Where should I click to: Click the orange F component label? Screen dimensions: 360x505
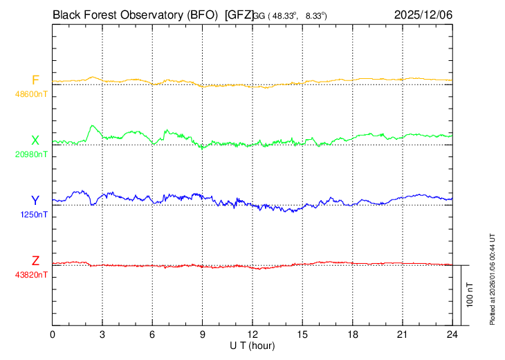click(x=35, y=80)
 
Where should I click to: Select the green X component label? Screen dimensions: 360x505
click(x=35, y=141)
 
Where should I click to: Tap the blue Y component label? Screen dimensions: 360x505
click(x=35, y=201)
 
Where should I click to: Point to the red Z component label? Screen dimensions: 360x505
click(x=35, y=261)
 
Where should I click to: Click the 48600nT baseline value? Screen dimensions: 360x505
click(x=33, y=93)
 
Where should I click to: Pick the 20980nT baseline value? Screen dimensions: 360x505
click(x=33, y=154)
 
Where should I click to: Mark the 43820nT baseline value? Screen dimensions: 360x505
click(x=33, y=275)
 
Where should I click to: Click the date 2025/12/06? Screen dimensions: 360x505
click(x=423, y=15)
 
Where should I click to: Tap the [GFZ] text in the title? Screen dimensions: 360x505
click(x=239, y=15)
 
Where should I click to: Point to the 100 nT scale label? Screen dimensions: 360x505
click(x=470, y=294)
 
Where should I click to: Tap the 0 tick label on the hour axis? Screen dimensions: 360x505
click(x=53, y=334)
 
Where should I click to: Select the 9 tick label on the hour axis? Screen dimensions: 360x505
click(x=203, y=334)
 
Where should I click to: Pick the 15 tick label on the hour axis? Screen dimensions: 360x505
click(x=302, y=334)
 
